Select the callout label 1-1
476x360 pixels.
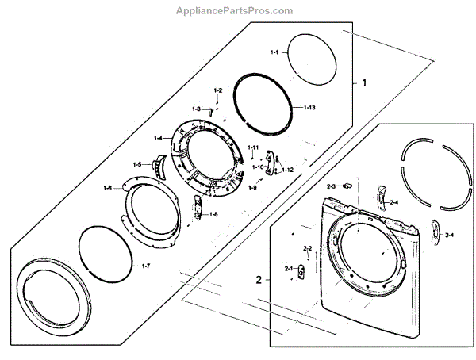tap(274, 52)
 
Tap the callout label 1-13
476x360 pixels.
tap(309, 107)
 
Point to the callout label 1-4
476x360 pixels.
tap(159, 139)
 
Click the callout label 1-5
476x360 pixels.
tap(137, 164)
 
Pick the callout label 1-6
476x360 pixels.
tap(108, 188)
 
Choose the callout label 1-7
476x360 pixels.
tap(145, 266)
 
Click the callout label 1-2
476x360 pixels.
tap(218, 93)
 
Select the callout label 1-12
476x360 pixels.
tap(288, 170)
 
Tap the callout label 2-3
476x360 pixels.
tap(332, 186)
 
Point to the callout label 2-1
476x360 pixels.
tap(288, 270)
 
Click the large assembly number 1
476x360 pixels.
tap(365, 82)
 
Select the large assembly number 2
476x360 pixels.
tap(259, 279)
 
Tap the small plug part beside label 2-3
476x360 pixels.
tap(346, 186)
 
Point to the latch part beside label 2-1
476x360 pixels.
tap(302, 271)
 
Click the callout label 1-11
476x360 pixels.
tap(253, 148)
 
